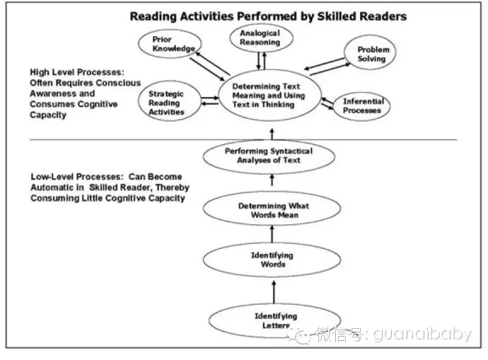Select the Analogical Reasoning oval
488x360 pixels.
coord(259,39)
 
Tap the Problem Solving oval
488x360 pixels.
coord(372,54)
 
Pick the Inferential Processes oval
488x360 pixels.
coord(363,106)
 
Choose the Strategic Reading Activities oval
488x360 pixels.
coord(166,102)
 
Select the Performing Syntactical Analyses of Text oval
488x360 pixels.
coord(268,156)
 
